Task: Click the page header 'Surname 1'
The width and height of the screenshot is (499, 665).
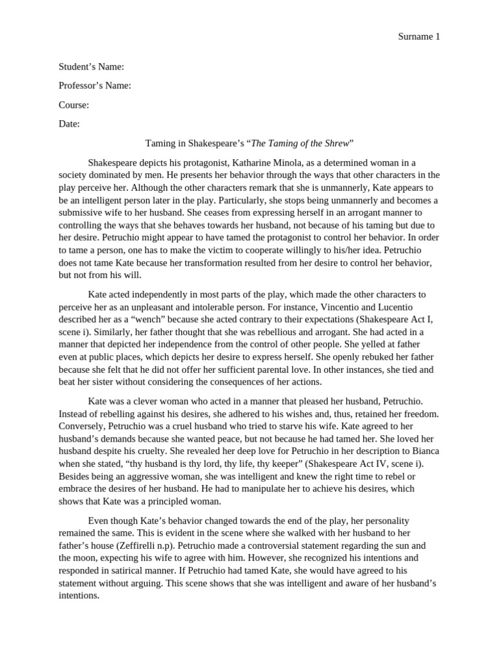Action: [x=418, y=37]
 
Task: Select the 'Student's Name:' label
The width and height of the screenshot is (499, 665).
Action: [x=92, y=67]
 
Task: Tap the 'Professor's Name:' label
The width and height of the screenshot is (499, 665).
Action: [x=95, y=86]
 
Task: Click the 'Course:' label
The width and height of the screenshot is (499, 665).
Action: [x=74, y=105]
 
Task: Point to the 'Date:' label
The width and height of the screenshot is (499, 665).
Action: [x=70, y=124]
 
